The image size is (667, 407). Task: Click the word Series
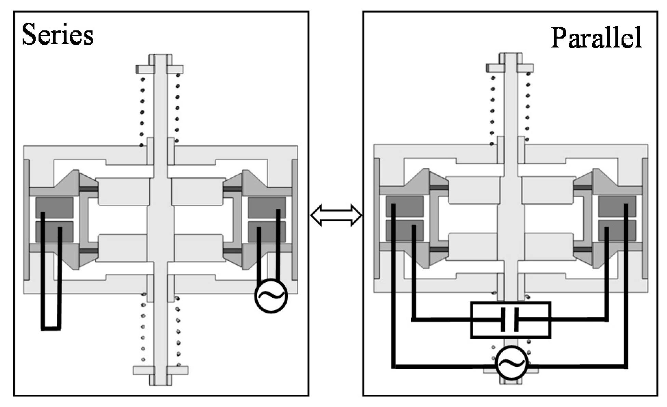tap(57, 35)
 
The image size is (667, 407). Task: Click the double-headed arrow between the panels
tap(336, 215)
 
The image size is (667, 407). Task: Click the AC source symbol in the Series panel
tap(271, 296)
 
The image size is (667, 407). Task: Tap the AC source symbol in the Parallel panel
tap(511, 363)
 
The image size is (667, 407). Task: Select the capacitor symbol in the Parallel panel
tap(511, 320)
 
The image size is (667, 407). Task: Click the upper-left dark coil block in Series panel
tap(54, 207)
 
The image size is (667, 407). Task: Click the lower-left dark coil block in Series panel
tap(54, 231)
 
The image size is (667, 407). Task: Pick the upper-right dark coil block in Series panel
tap(267, 207)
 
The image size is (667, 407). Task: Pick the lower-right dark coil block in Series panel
tap(267, 231)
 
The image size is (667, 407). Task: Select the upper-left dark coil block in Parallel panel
tap(405, 206)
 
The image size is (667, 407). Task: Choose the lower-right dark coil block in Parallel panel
tap(617, 230)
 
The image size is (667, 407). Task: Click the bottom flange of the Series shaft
tap(160, 370)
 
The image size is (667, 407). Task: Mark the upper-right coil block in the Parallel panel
tap(617, 206)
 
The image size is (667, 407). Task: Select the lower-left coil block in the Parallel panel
tap(405, 230)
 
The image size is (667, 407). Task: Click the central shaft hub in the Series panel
tap(160, 220)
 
